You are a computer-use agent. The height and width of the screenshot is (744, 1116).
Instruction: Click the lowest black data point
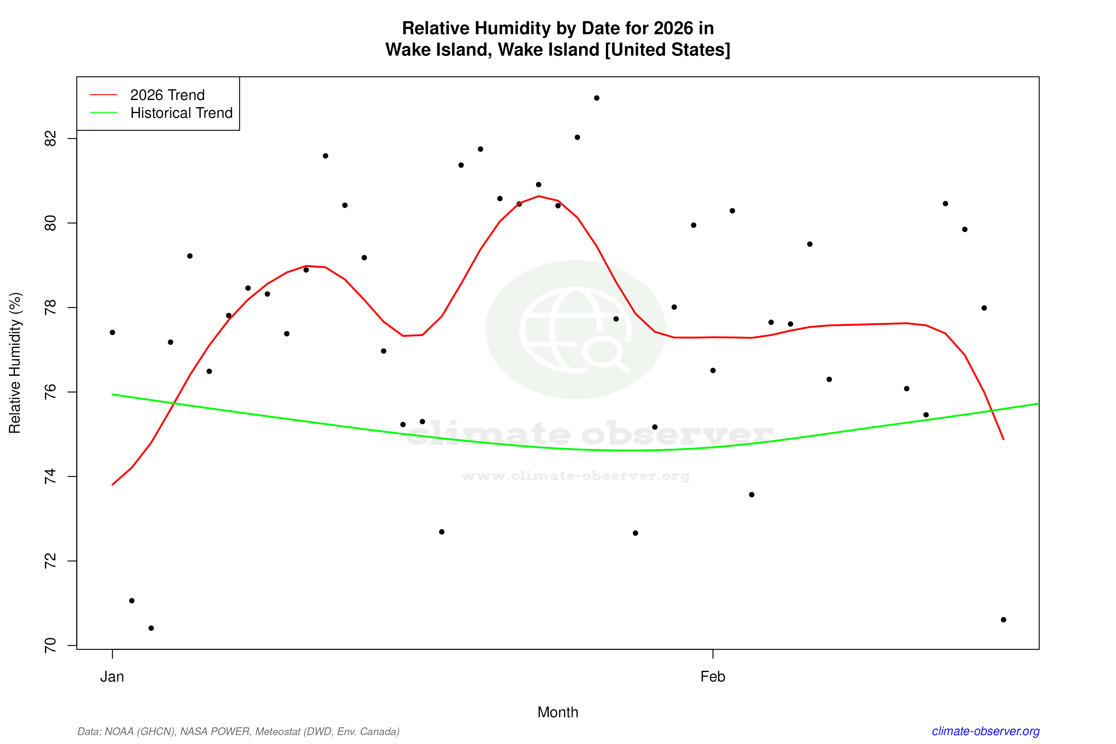point(151,628)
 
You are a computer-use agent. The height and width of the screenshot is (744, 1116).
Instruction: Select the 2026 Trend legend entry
point(167,95)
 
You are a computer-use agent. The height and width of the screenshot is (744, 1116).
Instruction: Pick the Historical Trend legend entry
point(181,113)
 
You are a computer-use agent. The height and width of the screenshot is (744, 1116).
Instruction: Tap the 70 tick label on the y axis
point(50,645)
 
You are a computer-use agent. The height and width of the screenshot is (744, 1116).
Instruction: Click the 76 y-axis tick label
point(50,392)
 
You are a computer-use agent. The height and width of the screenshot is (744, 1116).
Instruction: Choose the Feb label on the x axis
point(713,677)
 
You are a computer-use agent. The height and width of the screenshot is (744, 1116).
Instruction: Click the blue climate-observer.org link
point(986,731)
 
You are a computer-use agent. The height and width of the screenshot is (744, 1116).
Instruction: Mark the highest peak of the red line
point(539,196)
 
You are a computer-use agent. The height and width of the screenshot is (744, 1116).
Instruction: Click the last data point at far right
point(1003,620)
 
